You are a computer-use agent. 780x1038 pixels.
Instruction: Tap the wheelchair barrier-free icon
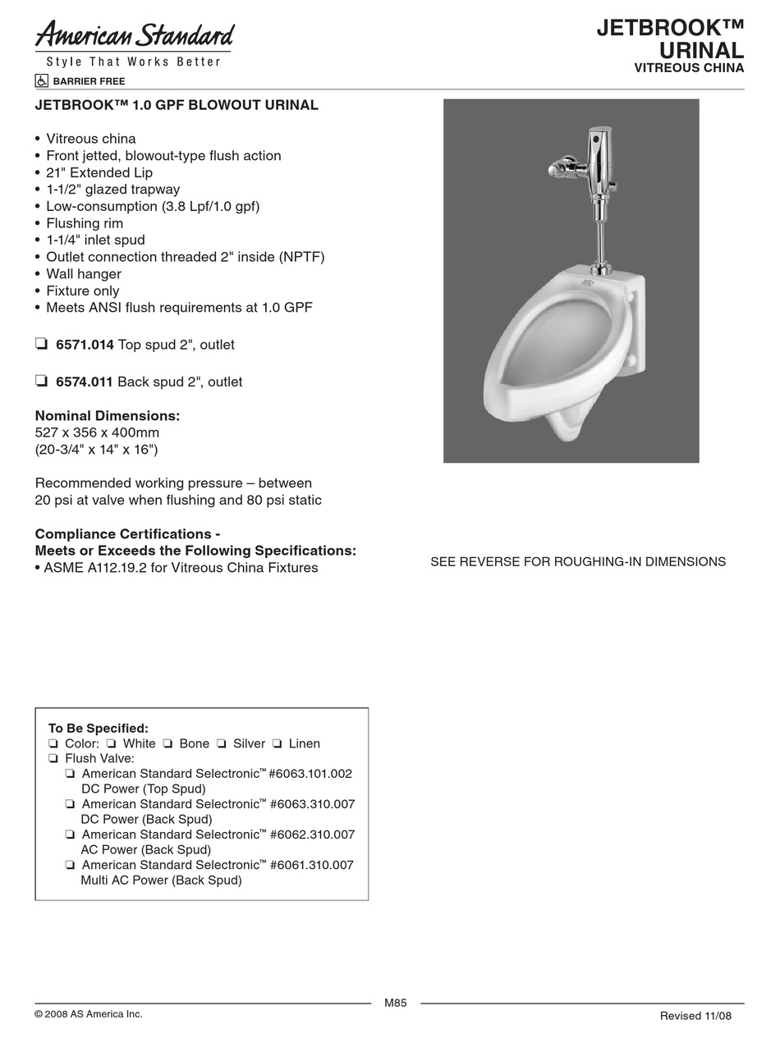coord(41,81)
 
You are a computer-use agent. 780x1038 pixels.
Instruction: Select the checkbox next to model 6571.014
coord(41,345)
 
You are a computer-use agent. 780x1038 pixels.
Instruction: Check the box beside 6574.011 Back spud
coord(41,381)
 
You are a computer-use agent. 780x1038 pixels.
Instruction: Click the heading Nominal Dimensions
coord(108,416)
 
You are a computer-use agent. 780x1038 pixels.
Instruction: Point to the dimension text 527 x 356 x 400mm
coord(97,432)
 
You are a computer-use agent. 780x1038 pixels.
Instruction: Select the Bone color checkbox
coord(167,743)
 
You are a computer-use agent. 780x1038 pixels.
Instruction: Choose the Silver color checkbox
coord(222,743)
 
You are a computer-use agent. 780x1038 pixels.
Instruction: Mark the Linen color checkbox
coord(278,743)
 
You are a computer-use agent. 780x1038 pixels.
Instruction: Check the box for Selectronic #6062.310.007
coord(71,835)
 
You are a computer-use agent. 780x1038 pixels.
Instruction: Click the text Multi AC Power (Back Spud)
coord(161,880)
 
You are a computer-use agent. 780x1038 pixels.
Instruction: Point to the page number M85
coord(396,1003)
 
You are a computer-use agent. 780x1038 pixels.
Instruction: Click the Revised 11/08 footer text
coord(695,1016)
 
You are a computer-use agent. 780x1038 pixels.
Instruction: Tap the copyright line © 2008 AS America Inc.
coord(89,1014)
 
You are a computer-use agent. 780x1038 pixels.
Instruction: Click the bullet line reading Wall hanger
coord(84,274)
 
